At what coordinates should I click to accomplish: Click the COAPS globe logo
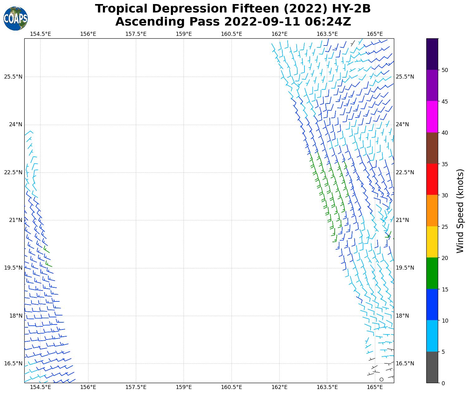[x=16, y=18]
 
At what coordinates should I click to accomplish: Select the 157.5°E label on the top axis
[x=136, y=34]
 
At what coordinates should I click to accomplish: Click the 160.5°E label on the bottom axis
[x=232, y=387]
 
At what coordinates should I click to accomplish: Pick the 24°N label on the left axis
[x=16, y=125]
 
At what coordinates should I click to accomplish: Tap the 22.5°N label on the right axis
[x=405, y=172]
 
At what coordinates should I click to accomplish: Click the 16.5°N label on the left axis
[x=13, y=363]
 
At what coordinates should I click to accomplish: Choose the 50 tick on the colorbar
[x=445, y=70]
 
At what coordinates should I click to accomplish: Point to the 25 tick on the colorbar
[x=445, y=227]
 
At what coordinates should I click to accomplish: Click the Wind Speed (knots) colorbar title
[x=460, y=211]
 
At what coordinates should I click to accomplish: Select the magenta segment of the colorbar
[x=432, y=117]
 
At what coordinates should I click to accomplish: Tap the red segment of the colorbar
[x=432, y=179]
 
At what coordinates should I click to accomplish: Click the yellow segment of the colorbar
[x=432, y=242]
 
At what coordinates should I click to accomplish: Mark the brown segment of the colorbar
[x=432, y=148]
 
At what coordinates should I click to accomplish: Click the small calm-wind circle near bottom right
[x=381, y=379]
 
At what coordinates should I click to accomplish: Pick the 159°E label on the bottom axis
[x=184, y=387]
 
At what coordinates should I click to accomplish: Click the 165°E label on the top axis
[x=375, y=34]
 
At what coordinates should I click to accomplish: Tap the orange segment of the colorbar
[x=432, y=211]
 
